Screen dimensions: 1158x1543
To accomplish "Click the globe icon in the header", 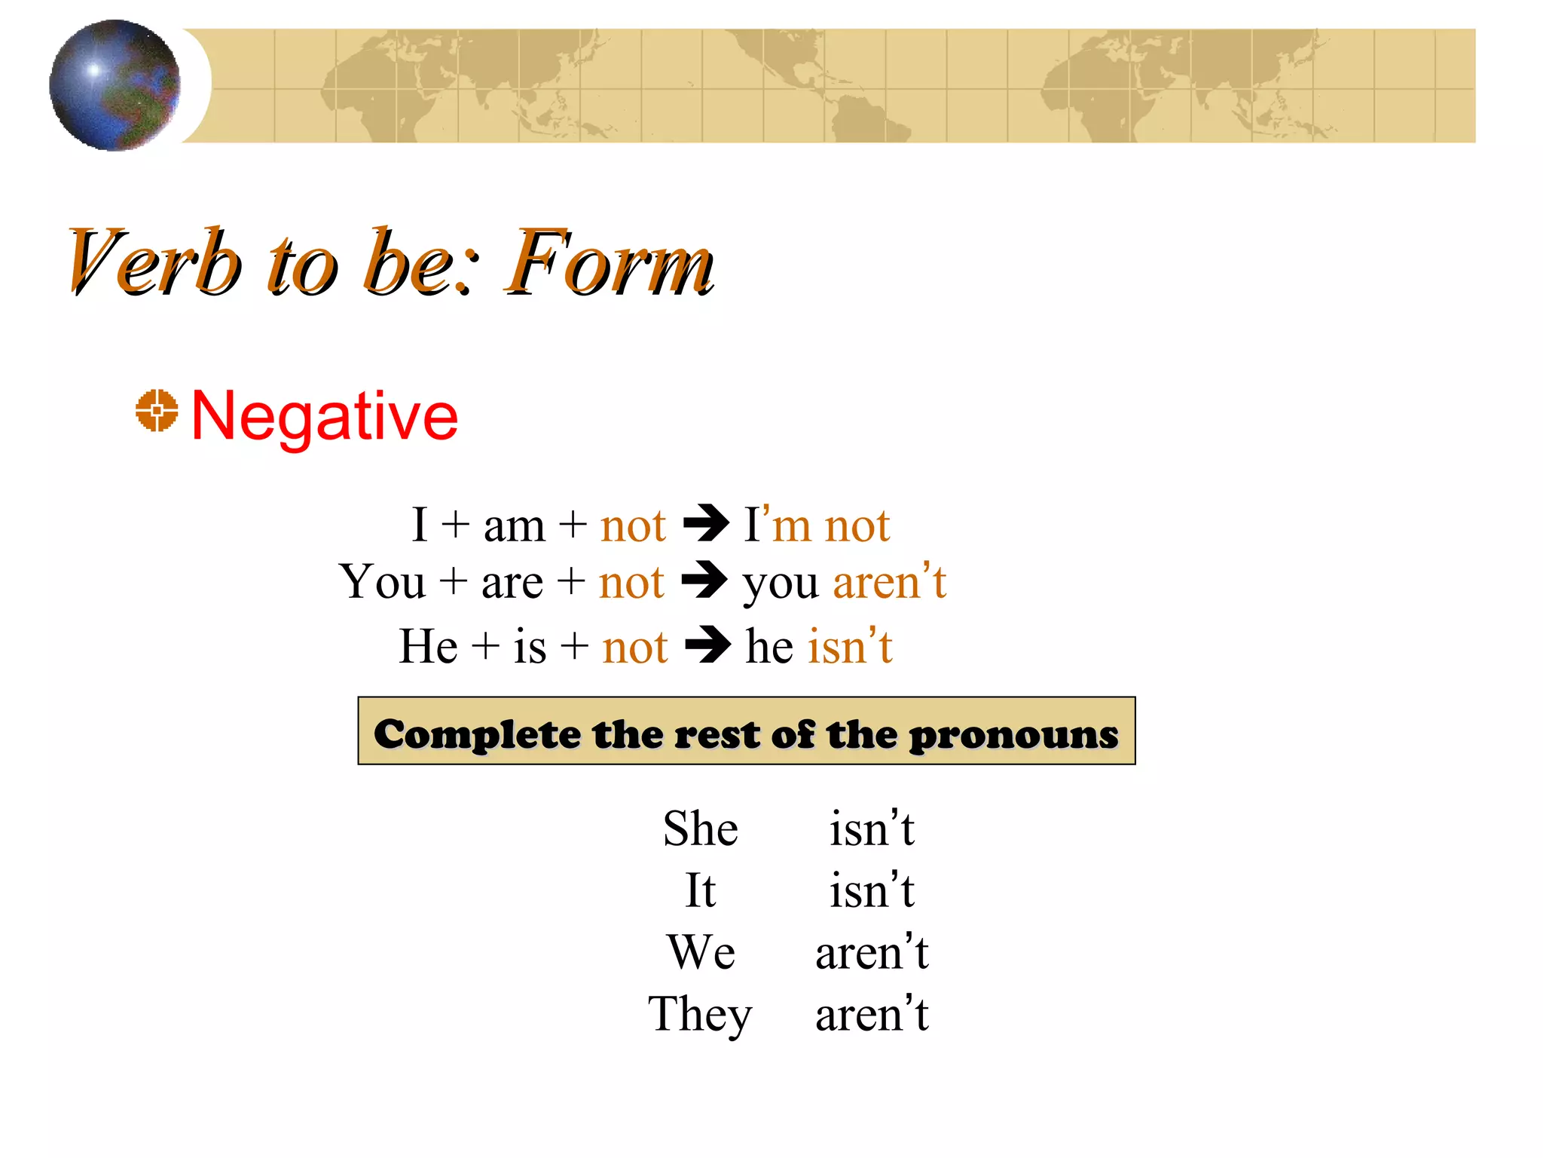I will click(x=115, y=85).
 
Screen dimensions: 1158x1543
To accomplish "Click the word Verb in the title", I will click(x=154, y=262).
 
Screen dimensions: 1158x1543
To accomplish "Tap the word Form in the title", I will click(x=610, y=262).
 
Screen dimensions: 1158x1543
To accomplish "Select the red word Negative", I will click(x=325, y=416).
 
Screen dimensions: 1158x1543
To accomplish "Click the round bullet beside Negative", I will click(x=157, y=411).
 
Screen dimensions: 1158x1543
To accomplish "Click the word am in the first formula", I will click(x=514, y=525).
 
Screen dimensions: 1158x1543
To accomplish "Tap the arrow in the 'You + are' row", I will click(x=704, y=580).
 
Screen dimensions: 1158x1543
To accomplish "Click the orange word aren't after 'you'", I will click(x=889, y=581).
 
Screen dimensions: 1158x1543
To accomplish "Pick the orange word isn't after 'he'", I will click(x=850, y=646).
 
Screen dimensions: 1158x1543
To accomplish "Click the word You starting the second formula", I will click(x=383, y=582).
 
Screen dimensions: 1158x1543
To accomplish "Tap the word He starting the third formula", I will click(x=428, y=646).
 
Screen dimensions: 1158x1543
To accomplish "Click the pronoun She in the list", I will click(x=700, y=829).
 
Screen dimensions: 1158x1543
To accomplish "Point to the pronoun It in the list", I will click(x=700, y=890).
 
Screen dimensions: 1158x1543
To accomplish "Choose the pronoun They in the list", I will click(x=700, y=1014).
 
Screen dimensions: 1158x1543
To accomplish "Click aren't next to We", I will click(x=872, y=952).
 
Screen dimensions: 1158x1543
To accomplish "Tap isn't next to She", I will click(x=872, y=829).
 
